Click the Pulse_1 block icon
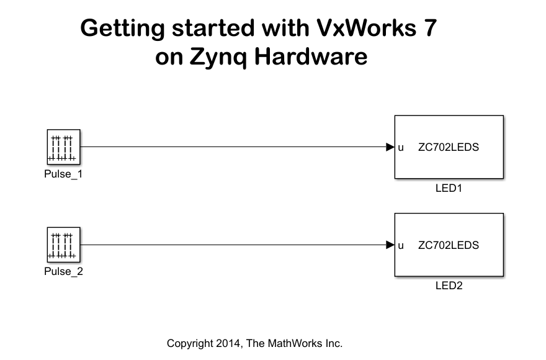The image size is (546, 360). pyautogui.click(x=64, y=147)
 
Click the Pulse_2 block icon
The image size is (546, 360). pyautogui.click(x=64, y=245)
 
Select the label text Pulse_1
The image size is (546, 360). pyautogui.click(x=63, y=174)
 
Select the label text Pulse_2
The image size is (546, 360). pyautogui.click(x=63, y=271)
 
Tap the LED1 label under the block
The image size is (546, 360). pyautogui.click(x=449, y=188)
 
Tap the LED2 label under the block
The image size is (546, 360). pyautogui.click(x=449, y=286)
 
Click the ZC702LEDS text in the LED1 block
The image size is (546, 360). pyautogui.click(x=449, y=148)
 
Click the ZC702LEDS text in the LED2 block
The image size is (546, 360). pyautogui.click(x=449, y=245)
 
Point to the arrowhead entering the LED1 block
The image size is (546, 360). pyautogui.click(x=390, y=147)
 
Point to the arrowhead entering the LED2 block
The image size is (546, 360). pyautogui.click(x=390, y=245)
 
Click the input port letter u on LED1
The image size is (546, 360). pyautogui.click(x=401, y=148)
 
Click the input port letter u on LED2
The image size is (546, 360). pyautogui.click(x=401, y=246)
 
